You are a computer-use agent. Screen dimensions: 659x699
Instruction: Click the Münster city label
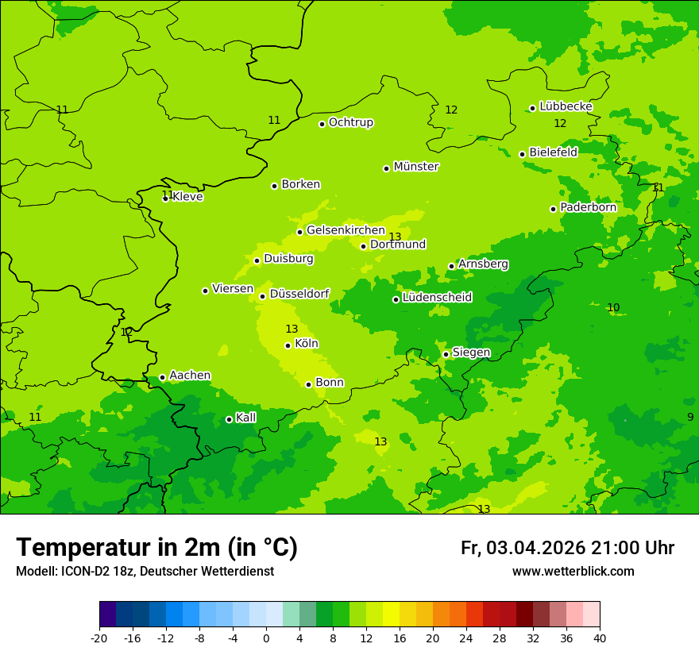[416, 167]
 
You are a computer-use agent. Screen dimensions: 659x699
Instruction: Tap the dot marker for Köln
[288, 345]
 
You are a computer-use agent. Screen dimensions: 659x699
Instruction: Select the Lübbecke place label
[566, 106]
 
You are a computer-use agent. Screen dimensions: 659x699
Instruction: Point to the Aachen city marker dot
[162, 378]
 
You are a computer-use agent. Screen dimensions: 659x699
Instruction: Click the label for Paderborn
[588, 207]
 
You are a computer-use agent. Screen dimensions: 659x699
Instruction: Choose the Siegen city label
[471, 353]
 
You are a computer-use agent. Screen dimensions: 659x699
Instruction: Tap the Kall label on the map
[246, 418]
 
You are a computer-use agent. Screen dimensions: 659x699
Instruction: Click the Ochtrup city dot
[322, 124]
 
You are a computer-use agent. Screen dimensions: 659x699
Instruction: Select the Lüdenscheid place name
[437, 298]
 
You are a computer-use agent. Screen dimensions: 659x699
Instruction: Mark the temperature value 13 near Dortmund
[395, 237]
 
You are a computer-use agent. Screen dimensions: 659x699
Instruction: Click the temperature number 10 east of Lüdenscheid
[613, 307]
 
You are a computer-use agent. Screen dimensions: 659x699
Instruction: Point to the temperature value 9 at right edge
[690, 417]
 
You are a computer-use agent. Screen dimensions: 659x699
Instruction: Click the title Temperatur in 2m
[156, 548]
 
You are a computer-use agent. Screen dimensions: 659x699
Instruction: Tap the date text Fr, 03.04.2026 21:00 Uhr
[567, 548]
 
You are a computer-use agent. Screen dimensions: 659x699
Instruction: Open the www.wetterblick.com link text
[573, 572]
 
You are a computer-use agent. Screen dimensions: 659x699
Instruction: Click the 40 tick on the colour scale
[600, 638]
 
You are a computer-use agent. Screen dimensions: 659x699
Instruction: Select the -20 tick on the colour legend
[99, 638]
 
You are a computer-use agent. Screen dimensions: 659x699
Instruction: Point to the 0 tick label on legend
[266, 638]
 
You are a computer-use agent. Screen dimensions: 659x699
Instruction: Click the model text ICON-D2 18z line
[145, 572]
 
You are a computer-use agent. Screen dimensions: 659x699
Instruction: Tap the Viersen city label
[233, 289]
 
